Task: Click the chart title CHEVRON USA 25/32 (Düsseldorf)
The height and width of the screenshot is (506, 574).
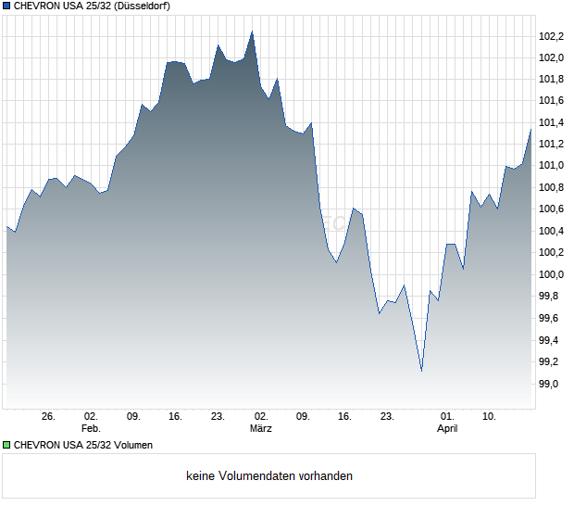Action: click(x=92, y=6)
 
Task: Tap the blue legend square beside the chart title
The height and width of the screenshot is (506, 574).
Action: click(x=6, y=6)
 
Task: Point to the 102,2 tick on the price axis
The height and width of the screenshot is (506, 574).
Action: click(x=551, y=36)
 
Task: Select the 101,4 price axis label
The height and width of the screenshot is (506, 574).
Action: click(x=551, y=123)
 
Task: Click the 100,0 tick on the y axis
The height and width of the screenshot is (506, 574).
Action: click(x=551, y=275)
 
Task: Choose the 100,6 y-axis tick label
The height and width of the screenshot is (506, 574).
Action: click(x=551, y=209)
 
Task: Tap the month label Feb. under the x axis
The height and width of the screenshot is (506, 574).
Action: click(x=90, y=429)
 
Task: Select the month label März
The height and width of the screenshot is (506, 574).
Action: click(x=260, y=429)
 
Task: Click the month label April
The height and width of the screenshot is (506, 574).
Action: click(x=447, y=429)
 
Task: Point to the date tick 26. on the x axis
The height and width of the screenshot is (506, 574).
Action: click(x=49, y=417)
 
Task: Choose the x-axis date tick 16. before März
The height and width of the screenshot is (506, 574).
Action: click(x=175, y=417)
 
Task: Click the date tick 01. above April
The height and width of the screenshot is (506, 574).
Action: click(x=447, y=417)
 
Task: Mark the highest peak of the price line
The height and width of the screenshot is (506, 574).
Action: click(x=252, y=32)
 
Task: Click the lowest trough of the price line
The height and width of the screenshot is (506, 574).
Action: click(x=421, y=371)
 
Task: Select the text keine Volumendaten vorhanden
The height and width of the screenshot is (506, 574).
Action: click(x=269, y=476)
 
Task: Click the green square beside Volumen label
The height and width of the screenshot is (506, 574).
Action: click(x=6, y=445)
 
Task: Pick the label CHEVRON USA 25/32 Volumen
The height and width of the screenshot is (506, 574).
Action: click(x=83, y=445)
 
